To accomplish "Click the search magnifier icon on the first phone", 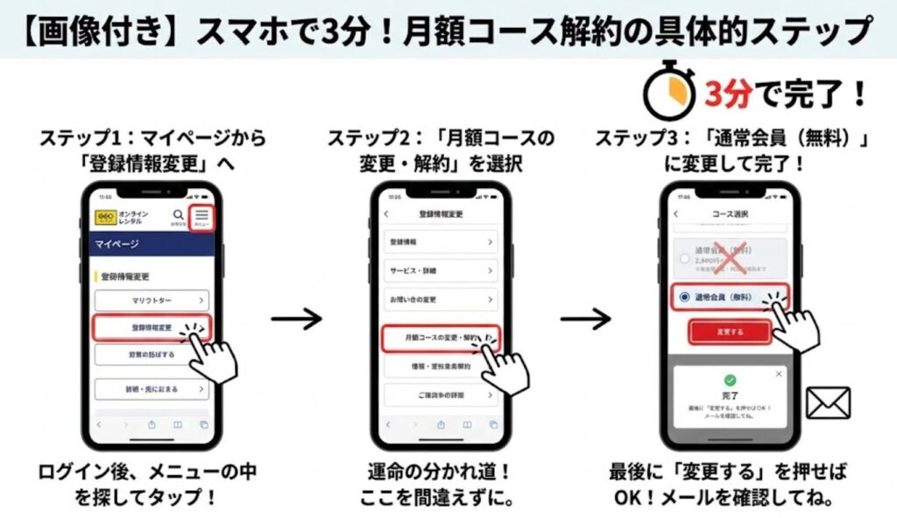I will pos(179,215).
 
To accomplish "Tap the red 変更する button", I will pos(729,332).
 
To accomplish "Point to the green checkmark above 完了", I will pos(730,381).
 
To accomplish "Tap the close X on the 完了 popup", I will pos(779,374).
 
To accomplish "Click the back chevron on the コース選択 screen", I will pos(675,213).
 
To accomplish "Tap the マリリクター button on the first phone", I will pos(152,300).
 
